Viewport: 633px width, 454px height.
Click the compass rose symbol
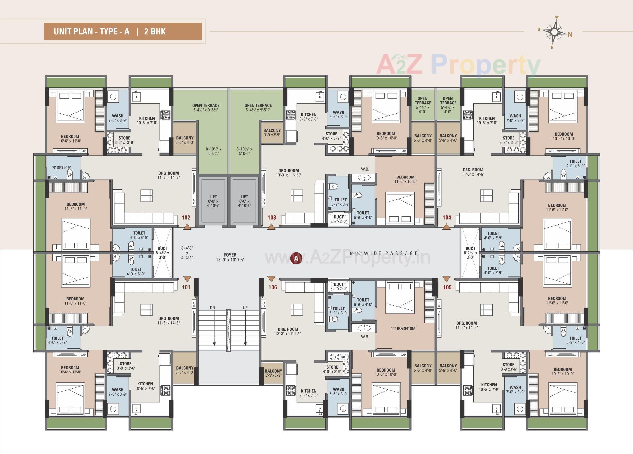click(555, 32)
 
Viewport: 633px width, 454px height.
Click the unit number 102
click(186, 217)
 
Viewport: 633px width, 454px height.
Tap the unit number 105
click(447, 287)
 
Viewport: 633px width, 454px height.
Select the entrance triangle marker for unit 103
click(271, 227)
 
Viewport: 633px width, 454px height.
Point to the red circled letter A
click(296, 258)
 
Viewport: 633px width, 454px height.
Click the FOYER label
click(230, 255)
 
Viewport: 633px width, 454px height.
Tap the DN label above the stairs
click(213, 308)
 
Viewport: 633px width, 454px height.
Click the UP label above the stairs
click(245, 308)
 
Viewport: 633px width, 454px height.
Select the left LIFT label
click(213, 197)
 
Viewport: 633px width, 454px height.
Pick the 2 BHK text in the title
click(155, 32)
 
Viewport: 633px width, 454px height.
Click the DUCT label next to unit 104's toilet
click(470, 248)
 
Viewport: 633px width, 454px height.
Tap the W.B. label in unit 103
click(365, 169)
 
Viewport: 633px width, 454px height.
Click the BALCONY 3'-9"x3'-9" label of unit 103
click(272, 133)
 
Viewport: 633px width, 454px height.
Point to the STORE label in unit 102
click(124, 138)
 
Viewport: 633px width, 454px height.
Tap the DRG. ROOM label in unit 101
click(168, 319)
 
